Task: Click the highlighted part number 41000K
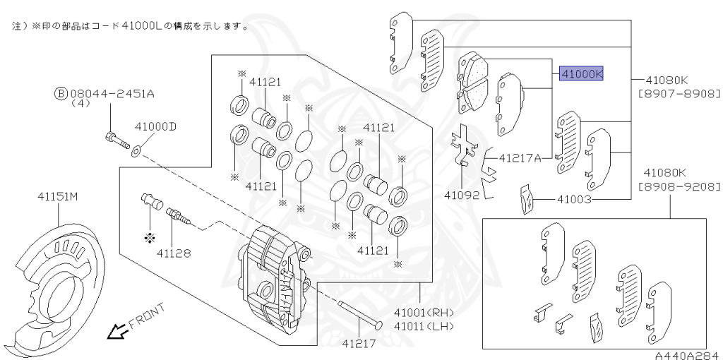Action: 582,73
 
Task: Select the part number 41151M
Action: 63,197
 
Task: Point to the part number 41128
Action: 174,251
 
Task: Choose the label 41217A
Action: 520,158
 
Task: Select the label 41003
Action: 574,200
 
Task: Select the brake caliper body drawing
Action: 275,275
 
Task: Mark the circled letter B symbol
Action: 61,92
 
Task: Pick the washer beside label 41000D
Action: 136,149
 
